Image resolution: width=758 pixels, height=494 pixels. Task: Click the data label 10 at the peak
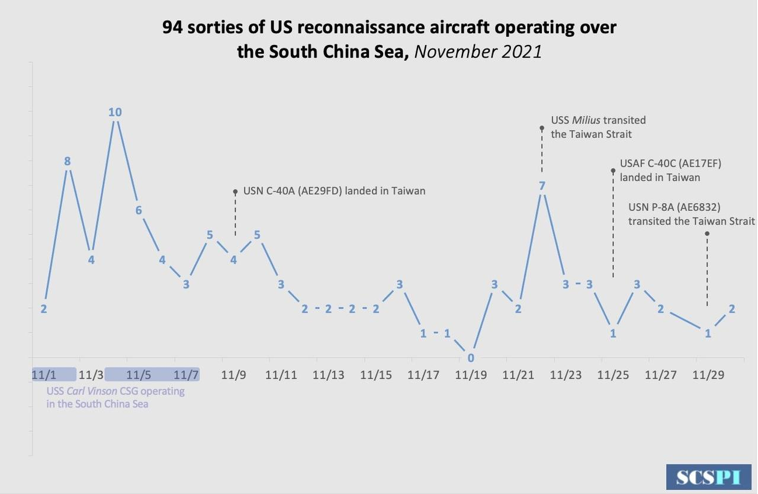tap(115, 112)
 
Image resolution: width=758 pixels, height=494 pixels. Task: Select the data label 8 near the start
tap(68, 161)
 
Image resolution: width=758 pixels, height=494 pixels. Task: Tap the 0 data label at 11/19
tap(471, 358)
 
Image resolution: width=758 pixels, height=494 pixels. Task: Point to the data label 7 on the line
tap(542, 186)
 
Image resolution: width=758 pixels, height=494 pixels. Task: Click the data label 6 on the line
tap(139, 210)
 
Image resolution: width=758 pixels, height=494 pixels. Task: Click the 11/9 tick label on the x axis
tap(233, 375)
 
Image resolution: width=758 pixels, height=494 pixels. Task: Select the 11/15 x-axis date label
tap(376, 375)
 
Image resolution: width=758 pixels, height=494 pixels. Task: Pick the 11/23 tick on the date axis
tap(566, 375)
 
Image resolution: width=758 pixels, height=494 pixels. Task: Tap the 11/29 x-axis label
tap(708, 375)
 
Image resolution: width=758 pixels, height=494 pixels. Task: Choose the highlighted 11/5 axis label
tap(139, 375)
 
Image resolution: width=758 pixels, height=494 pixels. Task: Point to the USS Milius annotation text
tap(598, 127)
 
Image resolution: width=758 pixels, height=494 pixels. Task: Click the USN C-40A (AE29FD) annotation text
tap(335, 191)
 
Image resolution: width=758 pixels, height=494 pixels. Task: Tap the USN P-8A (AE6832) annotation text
tap(691, 214)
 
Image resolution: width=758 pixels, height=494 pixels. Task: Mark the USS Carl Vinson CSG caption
tap(115, 397)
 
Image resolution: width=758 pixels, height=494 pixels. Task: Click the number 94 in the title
tap(172, 28)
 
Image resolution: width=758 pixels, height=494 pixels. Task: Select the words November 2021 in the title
tap(478, 52)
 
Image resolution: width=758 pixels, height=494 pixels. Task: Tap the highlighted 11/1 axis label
tap(44, 375)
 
